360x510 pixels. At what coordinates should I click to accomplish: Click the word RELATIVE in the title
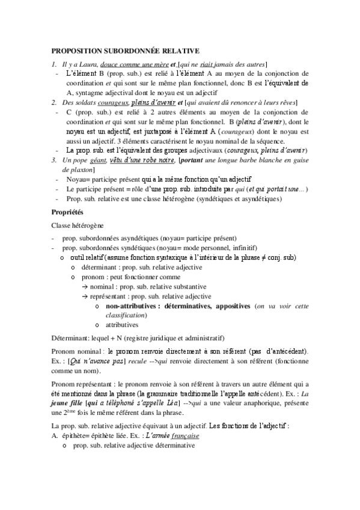180,52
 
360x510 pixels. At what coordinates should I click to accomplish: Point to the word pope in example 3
77,159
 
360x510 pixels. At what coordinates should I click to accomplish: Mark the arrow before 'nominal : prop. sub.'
85,286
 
